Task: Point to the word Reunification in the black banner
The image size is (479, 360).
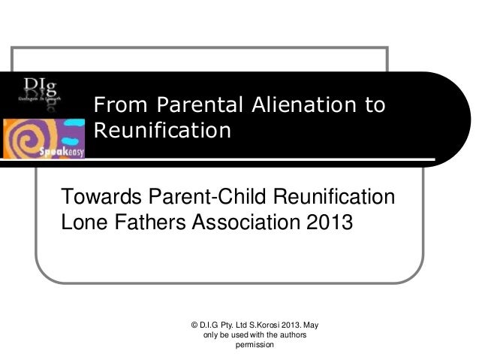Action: (x=160, y=132)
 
